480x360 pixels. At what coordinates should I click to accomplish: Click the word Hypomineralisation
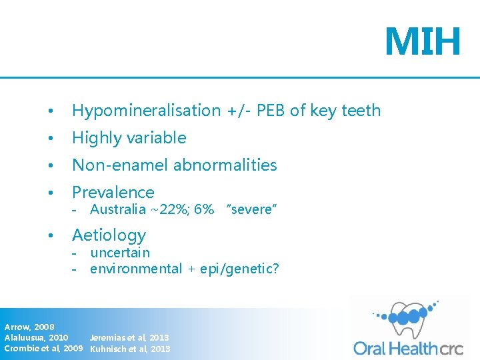click(146, 111)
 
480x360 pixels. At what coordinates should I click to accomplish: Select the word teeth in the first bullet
click(360, 111)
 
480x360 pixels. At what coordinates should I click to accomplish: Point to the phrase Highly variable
click(129, 138)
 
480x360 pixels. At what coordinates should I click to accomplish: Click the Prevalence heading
click(113, 193)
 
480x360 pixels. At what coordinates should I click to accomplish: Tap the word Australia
click(118, 209)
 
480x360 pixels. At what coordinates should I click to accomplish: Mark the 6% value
click(203, 209)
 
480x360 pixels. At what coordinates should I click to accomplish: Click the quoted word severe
click(251, 209)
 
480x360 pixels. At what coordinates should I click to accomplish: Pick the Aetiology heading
click(109, 235)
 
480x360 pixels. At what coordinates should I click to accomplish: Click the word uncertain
click(120, 253)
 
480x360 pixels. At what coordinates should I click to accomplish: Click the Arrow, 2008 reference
click(29, 327)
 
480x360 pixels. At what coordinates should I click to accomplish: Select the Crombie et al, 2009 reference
click(43, 348)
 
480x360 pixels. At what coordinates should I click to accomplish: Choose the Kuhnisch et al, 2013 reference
click(130, 348)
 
